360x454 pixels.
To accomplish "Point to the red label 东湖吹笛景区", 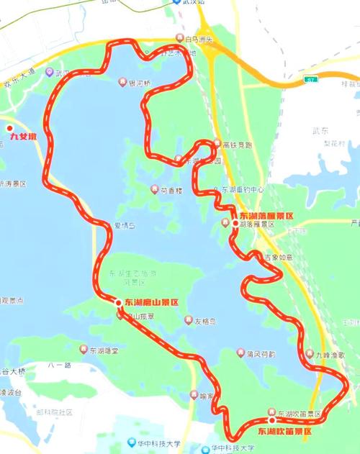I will pos(284,431).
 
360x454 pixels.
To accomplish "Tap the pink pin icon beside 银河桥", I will pos(122,81).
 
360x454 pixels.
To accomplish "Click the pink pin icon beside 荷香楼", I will pos(153,190).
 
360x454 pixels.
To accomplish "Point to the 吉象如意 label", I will pos(276,257).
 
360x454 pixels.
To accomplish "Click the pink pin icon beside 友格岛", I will pos(188,321).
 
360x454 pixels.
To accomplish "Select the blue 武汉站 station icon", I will pos(176,2).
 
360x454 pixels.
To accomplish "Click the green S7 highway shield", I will pos(309,79).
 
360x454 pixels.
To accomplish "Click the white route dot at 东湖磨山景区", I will pos(119,303).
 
